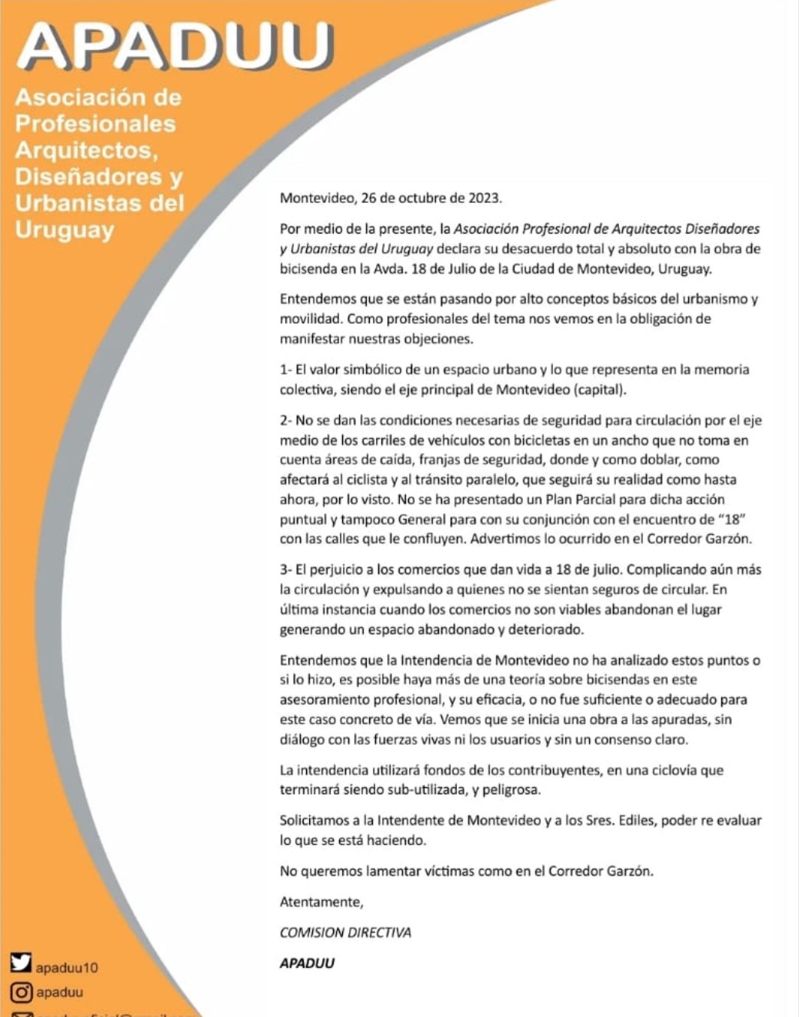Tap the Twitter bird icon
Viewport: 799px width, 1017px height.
click(21, 962)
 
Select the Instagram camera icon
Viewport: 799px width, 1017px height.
click(22, 992)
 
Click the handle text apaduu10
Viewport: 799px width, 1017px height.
click(67, 968)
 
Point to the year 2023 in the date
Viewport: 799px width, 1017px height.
click(484, 198)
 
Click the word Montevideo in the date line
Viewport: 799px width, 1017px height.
click(316, 198)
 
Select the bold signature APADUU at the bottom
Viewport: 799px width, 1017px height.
click(307, 963)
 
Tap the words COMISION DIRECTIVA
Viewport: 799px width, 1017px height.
click(345, 932)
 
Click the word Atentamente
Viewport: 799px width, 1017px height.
click(321, 902)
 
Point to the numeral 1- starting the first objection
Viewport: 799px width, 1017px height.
click(286, 370)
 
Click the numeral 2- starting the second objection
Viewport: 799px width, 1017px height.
click(286, 420)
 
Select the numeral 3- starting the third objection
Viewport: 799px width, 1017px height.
click(286, 570)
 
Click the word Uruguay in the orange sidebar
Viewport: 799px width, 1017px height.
click(65, 230)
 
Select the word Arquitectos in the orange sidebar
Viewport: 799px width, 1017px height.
click(86, 149)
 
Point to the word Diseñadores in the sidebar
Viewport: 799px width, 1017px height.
click(88, 176)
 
